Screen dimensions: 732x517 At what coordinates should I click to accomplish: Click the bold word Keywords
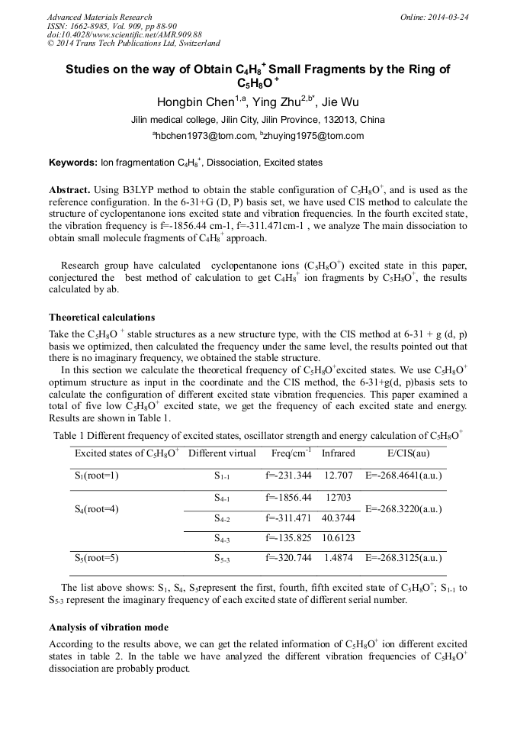click(x=72, y=163)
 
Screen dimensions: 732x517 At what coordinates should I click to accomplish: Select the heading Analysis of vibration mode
click(x=108, y=627)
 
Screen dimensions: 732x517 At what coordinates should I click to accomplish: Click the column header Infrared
click(x=338, y=453)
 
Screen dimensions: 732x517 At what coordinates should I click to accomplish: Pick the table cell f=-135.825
click(x=288, y=538)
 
